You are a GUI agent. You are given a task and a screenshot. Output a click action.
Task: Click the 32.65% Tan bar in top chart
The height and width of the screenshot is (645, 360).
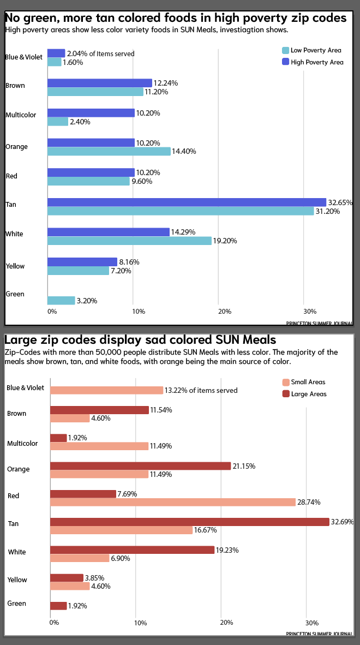187,202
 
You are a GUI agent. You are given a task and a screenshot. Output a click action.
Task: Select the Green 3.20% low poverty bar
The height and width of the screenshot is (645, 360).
61,301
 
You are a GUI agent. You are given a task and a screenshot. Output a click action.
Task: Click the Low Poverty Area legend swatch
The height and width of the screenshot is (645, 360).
285,50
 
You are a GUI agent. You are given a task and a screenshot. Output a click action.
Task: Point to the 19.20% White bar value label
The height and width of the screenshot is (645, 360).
225,241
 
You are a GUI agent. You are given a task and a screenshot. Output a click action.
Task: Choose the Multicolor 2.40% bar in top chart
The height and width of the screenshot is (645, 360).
58,122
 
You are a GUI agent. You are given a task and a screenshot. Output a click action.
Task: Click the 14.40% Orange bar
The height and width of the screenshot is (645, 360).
109,151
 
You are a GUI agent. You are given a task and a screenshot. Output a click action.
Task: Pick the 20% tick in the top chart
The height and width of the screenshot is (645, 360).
225,312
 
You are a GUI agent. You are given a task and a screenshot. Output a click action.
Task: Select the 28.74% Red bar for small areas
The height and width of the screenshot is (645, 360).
173,502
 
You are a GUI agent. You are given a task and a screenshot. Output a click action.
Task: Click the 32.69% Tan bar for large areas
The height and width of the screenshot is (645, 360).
190,522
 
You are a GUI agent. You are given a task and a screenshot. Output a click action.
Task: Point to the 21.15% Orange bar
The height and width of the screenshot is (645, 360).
140,466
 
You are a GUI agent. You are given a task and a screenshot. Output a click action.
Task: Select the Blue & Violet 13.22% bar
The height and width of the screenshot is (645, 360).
107,390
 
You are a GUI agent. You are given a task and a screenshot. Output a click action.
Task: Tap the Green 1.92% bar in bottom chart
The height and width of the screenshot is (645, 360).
58,606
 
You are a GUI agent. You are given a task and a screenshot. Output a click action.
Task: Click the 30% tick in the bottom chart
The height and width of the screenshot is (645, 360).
312,623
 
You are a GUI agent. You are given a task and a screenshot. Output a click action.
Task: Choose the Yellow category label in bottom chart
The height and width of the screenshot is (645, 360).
17,580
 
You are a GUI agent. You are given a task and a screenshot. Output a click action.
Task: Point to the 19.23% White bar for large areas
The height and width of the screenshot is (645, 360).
132,550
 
